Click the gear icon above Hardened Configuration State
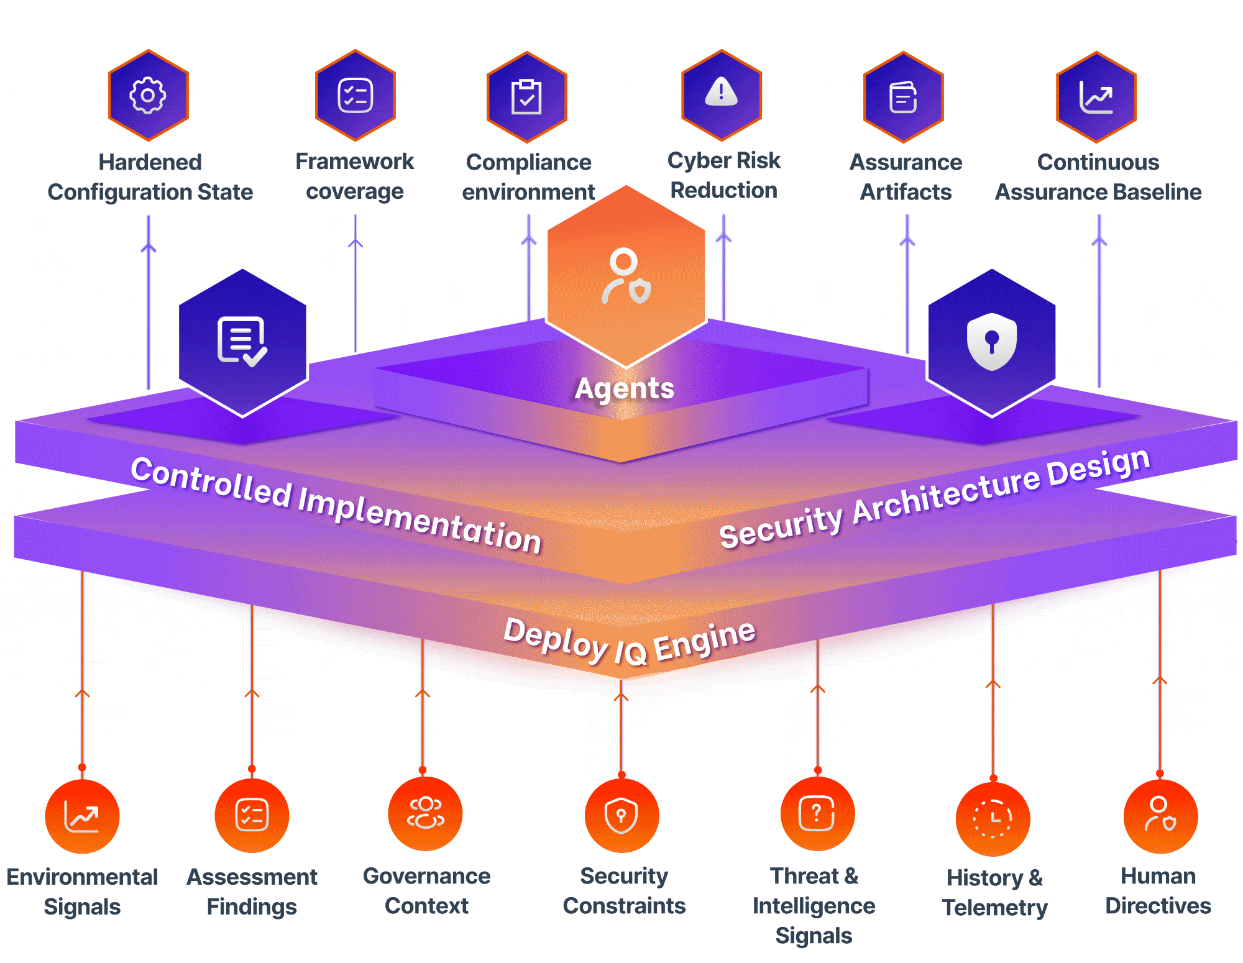148,95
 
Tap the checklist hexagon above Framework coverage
355,96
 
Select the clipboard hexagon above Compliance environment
526,97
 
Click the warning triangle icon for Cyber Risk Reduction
721,93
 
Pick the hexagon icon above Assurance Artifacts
903,98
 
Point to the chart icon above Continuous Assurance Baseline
1096,98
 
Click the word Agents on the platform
624,389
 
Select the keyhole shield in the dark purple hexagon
991,341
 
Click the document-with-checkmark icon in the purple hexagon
242,341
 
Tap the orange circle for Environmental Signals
82,816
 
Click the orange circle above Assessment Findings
252,815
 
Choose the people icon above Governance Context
426,813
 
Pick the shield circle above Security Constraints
621,815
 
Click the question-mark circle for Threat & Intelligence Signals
817,813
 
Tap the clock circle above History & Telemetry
993,819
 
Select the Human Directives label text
1158,891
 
